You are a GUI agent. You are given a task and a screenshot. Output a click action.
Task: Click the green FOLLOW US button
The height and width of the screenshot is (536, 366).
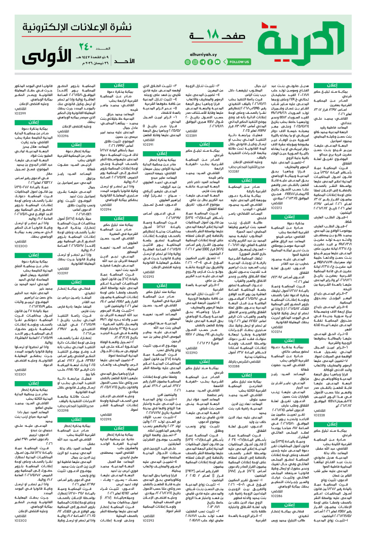tap(240, 61)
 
